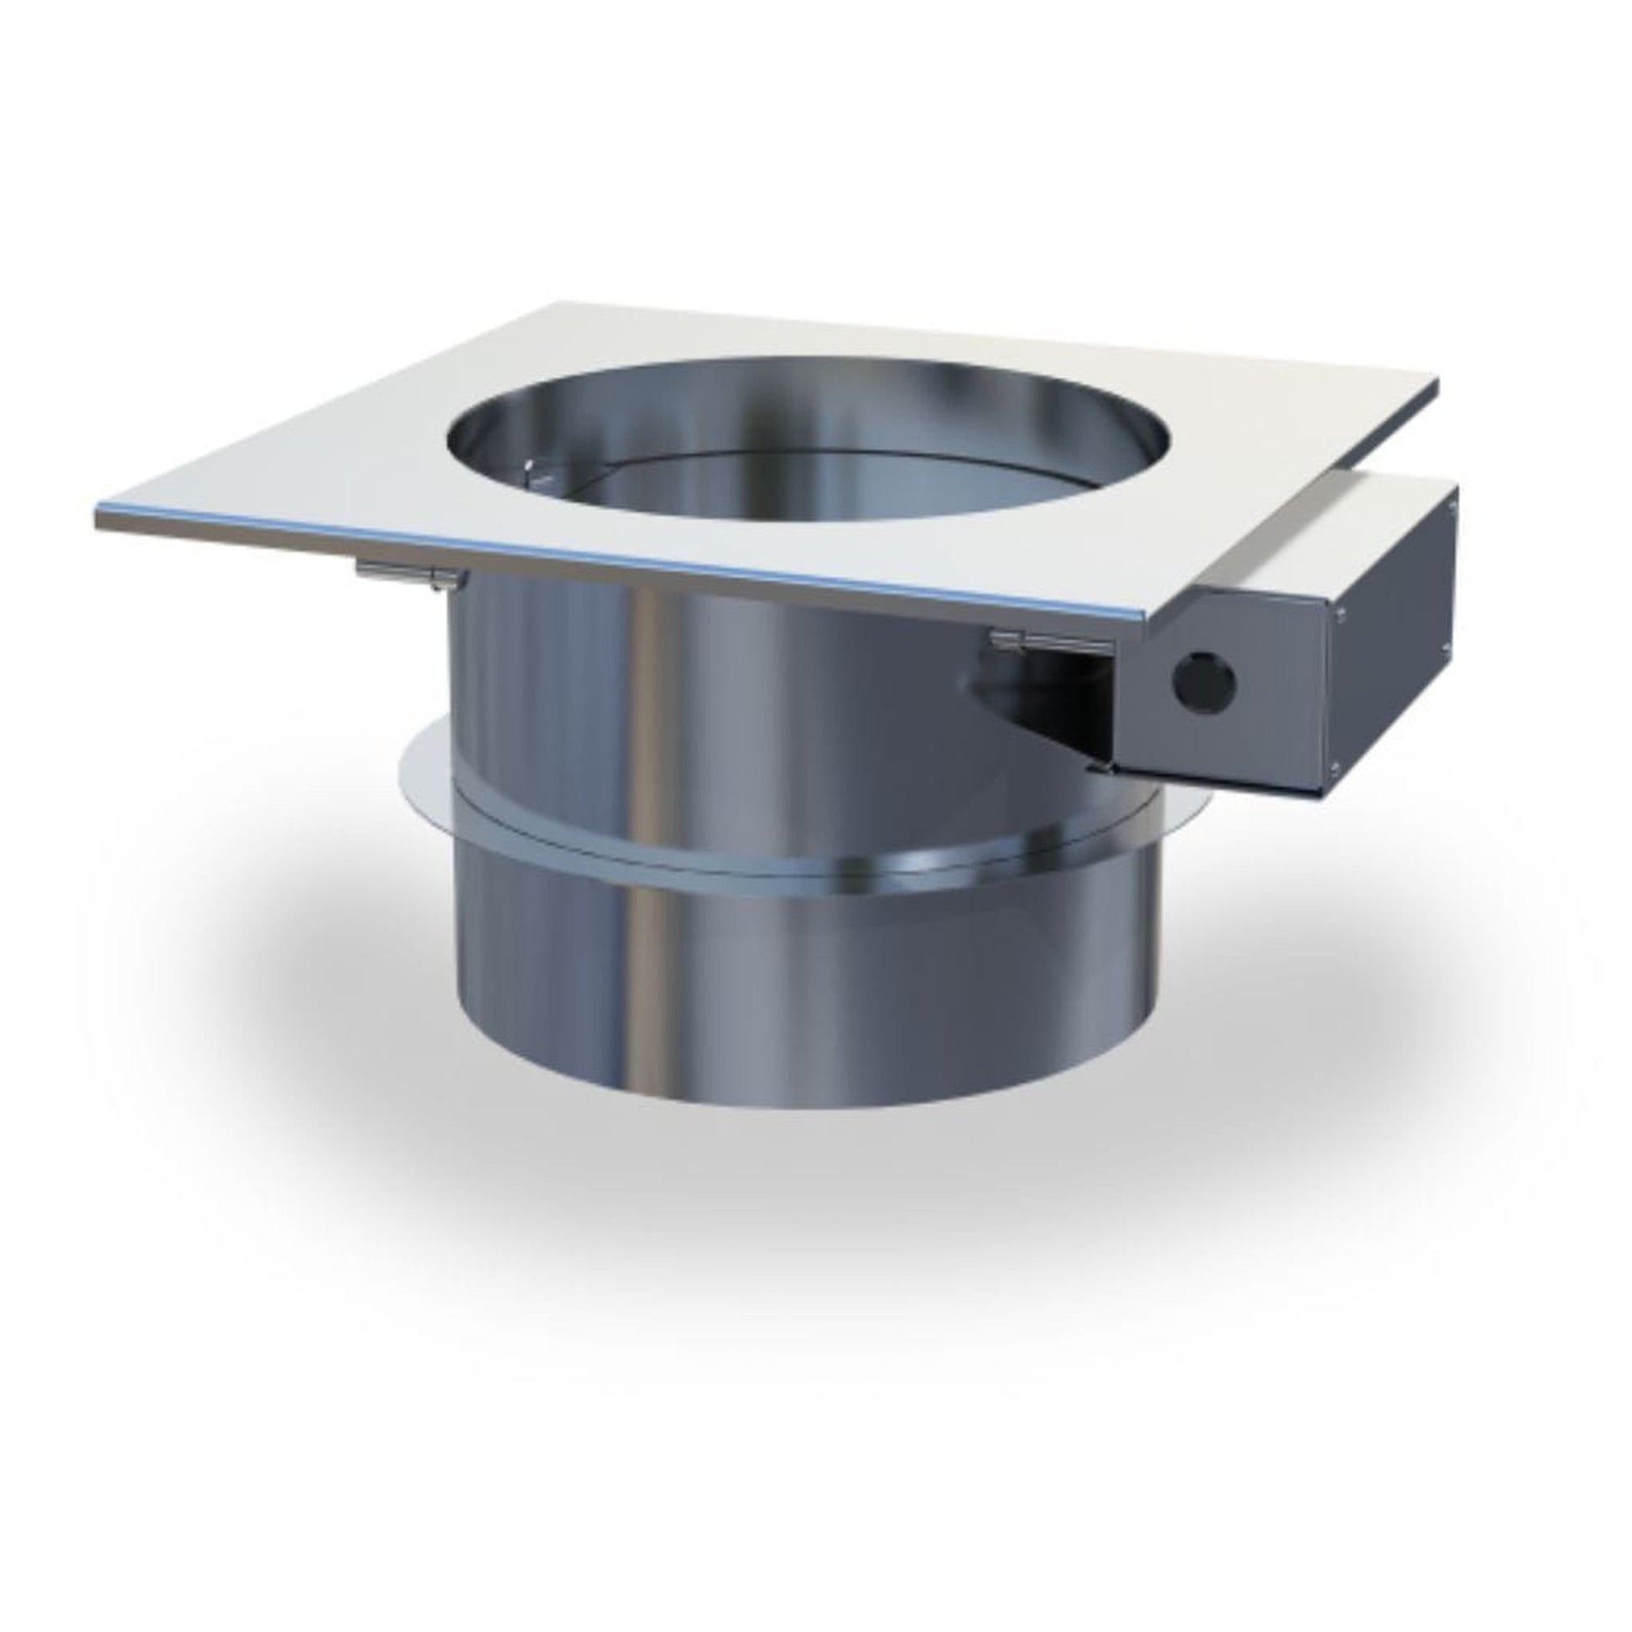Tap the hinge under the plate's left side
click(410, 575)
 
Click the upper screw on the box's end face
click(1453, 509)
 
